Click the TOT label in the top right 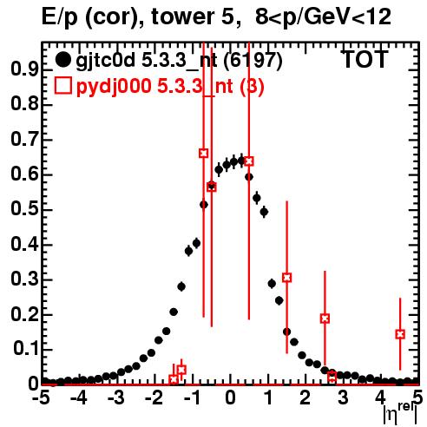click(365, 59)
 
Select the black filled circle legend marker click(63, 60)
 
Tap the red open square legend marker click(63, 86)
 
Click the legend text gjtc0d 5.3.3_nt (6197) click(179, 61)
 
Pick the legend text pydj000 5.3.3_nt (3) click(170, 87)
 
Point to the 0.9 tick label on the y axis click(24, 69)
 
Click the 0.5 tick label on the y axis click(24, 209)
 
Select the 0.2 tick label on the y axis click(24, 314)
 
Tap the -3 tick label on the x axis click(116, 397)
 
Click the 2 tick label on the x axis click(305, 397)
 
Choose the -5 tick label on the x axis click(41, 397)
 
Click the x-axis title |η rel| click(400, 414)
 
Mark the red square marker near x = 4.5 click(400, 334)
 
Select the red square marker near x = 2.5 click(325, 319)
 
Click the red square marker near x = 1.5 click(287, 278)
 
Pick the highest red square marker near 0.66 click(204, 153)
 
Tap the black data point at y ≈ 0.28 click(181, 286)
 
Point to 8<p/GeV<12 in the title click(323, 17)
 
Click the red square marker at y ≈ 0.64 click(249, 161)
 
